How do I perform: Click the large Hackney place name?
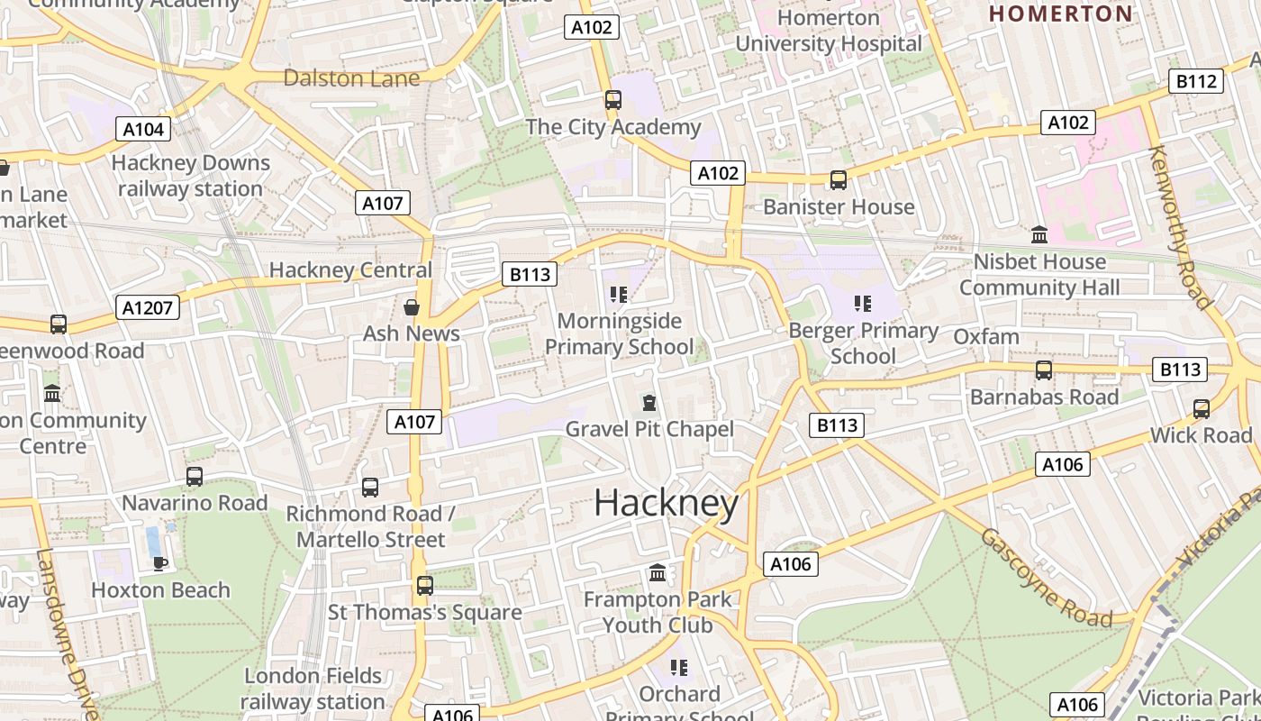667,503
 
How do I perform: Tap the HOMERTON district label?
1060,14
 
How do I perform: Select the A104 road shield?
143,129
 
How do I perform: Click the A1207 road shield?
149,308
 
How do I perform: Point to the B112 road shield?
1196,82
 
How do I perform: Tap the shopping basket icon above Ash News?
412,307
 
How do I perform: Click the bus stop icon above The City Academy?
613,100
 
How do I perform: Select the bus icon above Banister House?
839,180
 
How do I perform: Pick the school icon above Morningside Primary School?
619,294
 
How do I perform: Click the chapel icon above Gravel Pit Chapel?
649,402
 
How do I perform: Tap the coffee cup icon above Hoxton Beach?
160,563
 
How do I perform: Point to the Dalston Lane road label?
351,78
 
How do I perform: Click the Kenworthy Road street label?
1181,227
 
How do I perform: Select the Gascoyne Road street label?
1047,578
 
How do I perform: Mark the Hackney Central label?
350,269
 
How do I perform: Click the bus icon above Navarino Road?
195,476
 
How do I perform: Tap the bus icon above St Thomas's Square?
425,586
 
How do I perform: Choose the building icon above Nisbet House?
1039,235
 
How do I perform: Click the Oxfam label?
986,337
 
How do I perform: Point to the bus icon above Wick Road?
1202,408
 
